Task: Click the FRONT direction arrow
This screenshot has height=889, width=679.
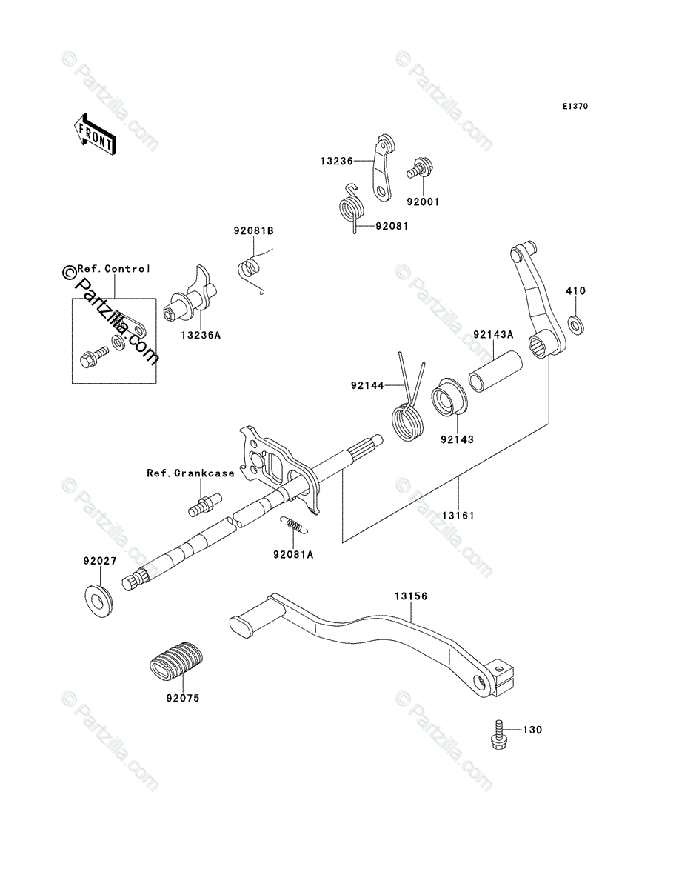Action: point(95,134)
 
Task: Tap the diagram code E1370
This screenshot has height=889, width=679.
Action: point(575,107)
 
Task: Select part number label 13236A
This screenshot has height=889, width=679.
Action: point(201,336)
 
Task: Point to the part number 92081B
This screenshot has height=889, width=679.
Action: point(254,231)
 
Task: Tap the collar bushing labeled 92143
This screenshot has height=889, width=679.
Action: point(449,397)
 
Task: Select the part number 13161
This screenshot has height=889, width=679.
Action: point(458,516)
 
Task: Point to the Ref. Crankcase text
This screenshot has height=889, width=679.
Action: point(190,473)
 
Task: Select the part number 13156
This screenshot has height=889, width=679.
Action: point(411,596)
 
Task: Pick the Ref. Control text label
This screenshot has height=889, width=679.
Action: point(114,269)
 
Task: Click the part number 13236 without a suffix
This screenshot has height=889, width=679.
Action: point(337,162)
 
